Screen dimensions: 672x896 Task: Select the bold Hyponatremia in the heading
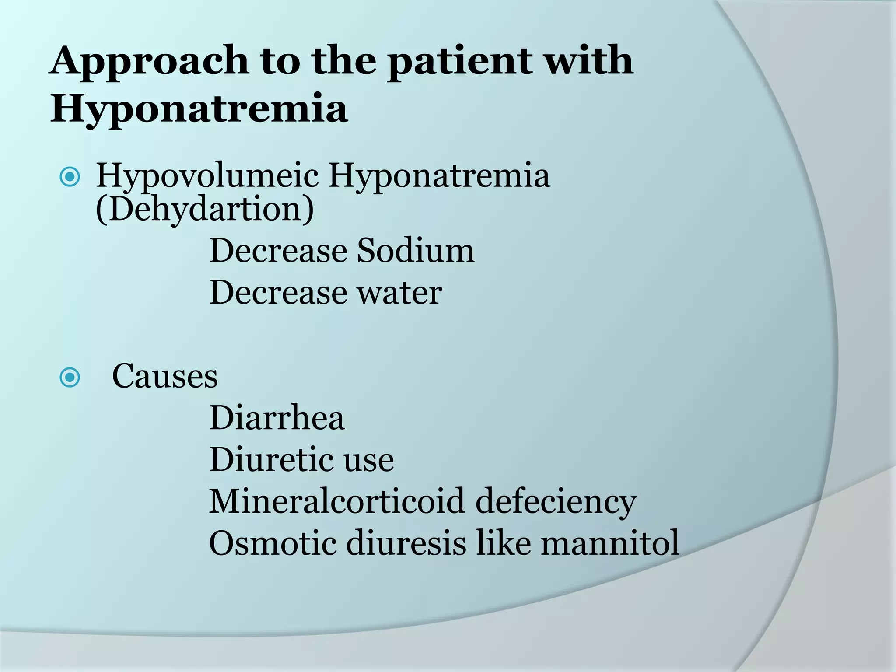[x=199, y=108]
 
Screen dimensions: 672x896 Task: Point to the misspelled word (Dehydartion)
[x=205, y=209]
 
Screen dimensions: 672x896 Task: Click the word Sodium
[x=415, y=251]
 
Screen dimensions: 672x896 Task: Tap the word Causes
[x=164, y=376]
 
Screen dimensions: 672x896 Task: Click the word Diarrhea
[x=277, y=418]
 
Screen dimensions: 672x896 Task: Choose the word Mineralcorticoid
[x=336, y=501]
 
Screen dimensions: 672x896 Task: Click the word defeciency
[x=556, y=501]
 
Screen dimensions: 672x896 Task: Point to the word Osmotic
[x=272, y=543]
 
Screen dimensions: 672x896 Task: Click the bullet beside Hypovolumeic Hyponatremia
[x=70, y=177]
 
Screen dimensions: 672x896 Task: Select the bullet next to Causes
[x=70, y=377]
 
